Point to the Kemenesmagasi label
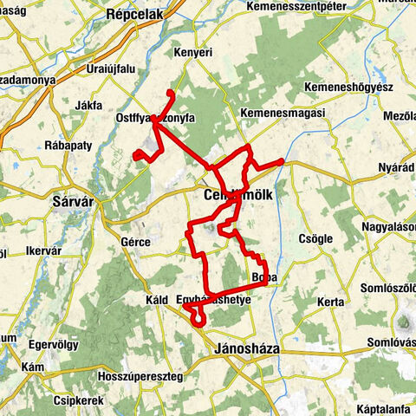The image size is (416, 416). (283, 114)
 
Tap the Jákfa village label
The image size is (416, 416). (89, 107)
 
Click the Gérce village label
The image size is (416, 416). (137, 242)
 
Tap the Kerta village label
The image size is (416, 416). (332, 301)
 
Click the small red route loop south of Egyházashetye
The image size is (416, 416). (198, 320)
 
